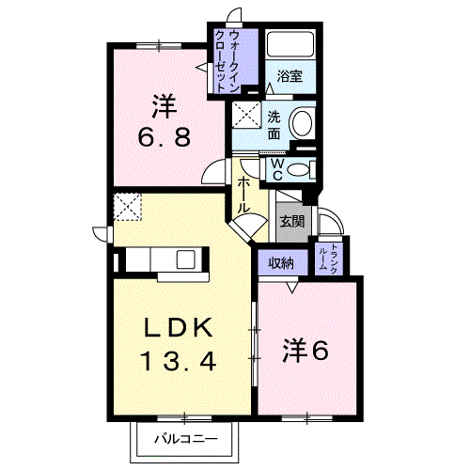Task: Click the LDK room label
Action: [178, 327]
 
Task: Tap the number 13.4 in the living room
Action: [180, 361]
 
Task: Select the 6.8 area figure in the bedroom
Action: [164, 137]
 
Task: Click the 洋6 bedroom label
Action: [305, 351]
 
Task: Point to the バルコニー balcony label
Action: [185, 439]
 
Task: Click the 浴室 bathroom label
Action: [290, 76]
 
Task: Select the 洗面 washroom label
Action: [274, 125]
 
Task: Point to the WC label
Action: [277, 169]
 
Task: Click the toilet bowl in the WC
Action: [298, 170]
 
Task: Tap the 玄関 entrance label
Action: [292, 222]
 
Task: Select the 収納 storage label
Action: [282, 263]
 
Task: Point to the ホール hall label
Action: [243, 195]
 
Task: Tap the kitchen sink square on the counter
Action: [186, 259]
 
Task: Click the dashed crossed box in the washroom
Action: [246, 115]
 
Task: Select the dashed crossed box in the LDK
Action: [127, 207]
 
